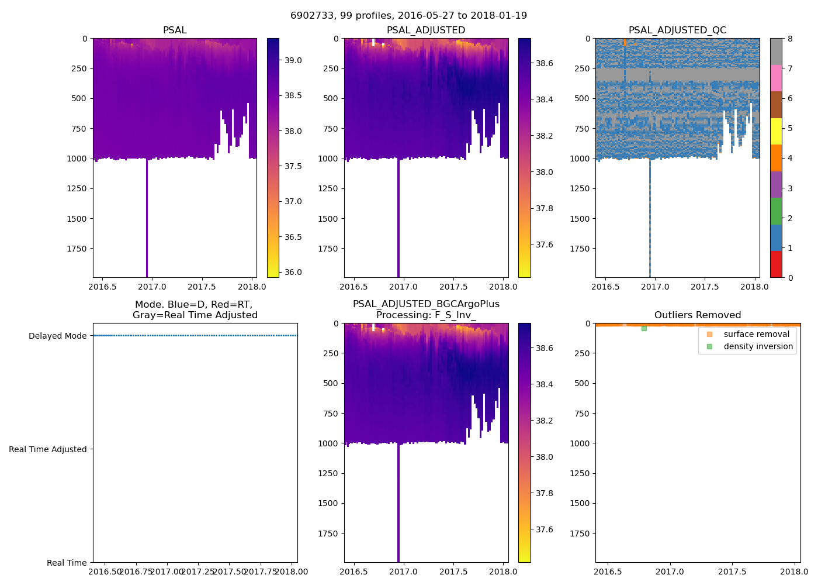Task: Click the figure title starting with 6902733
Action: (408, 16)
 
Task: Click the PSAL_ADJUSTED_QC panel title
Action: (677, 30)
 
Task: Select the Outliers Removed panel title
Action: (698, 315)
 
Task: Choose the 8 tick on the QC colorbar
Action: (790, 39)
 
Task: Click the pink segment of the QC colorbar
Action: (776, 78)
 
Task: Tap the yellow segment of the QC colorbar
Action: (776, 131)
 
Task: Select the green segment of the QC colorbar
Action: (776, 211)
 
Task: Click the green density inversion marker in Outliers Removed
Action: (644, 329)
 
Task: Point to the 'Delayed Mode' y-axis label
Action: (57, 336)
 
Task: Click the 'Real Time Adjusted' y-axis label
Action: (48, 449)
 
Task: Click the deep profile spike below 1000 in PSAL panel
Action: (147, 222)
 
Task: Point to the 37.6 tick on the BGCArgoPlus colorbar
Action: (545, 529)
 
